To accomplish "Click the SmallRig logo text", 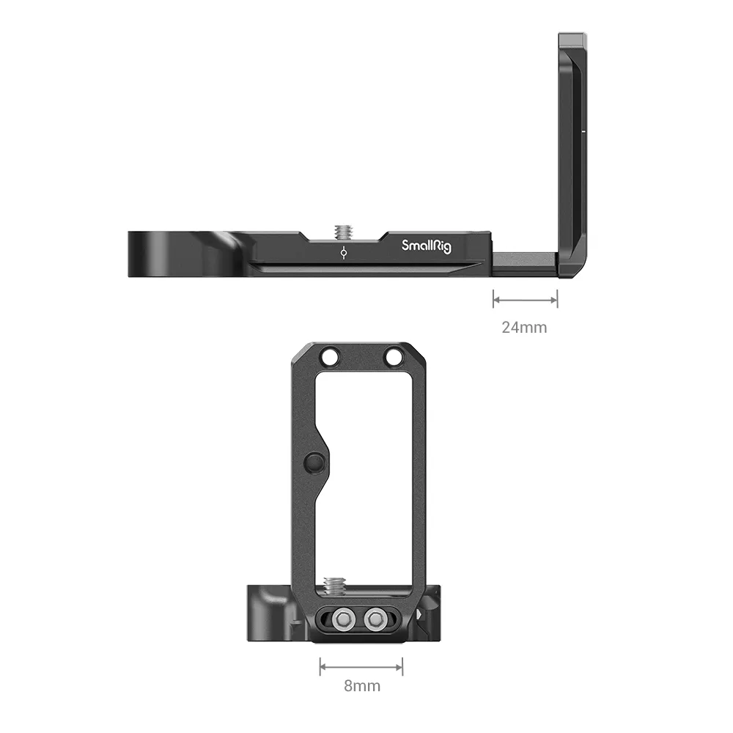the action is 427,246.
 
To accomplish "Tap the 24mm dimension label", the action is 524,327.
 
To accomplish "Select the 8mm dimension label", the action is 362,686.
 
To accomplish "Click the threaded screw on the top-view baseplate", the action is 343,231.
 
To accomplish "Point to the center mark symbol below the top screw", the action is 344,253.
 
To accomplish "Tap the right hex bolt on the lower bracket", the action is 374,620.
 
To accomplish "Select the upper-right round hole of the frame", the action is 393,357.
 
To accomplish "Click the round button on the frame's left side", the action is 312,463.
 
